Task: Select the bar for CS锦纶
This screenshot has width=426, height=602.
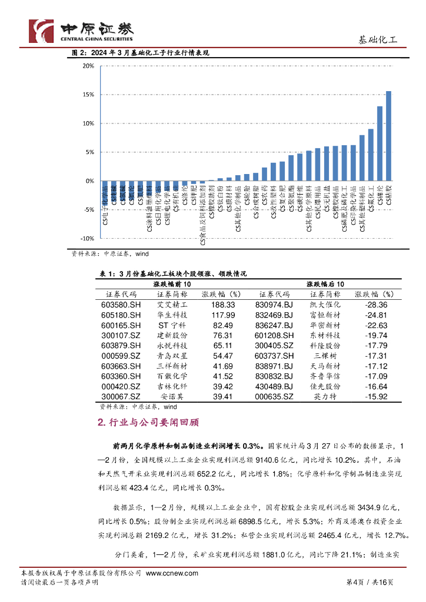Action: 380,143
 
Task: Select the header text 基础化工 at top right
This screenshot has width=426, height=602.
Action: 378,40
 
